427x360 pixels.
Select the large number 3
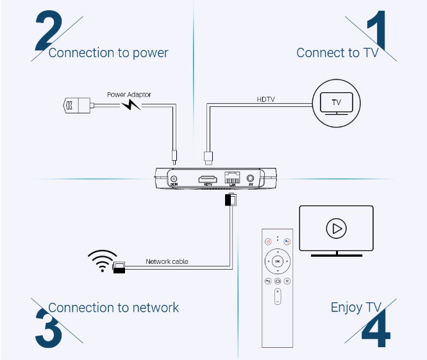click(x=49, y=327)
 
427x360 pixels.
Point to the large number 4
click(x=375, y=331)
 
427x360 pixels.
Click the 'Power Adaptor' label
click(x=129, y=95)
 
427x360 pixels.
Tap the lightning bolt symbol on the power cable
click(x=131, y=104)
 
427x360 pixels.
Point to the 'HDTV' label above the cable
click(x=266, y=99)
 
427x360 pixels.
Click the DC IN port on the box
click(x=173, y=179)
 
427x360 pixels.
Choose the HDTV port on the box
click(x=207, y=179)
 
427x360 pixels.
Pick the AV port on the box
click(x=250, y=179)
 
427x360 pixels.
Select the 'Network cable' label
click(x=167, y=261)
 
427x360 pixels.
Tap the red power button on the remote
click(x=269, y=242)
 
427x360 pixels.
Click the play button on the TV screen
click(x=335, y=228)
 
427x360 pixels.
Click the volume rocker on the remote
click(x=278, y=297)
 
